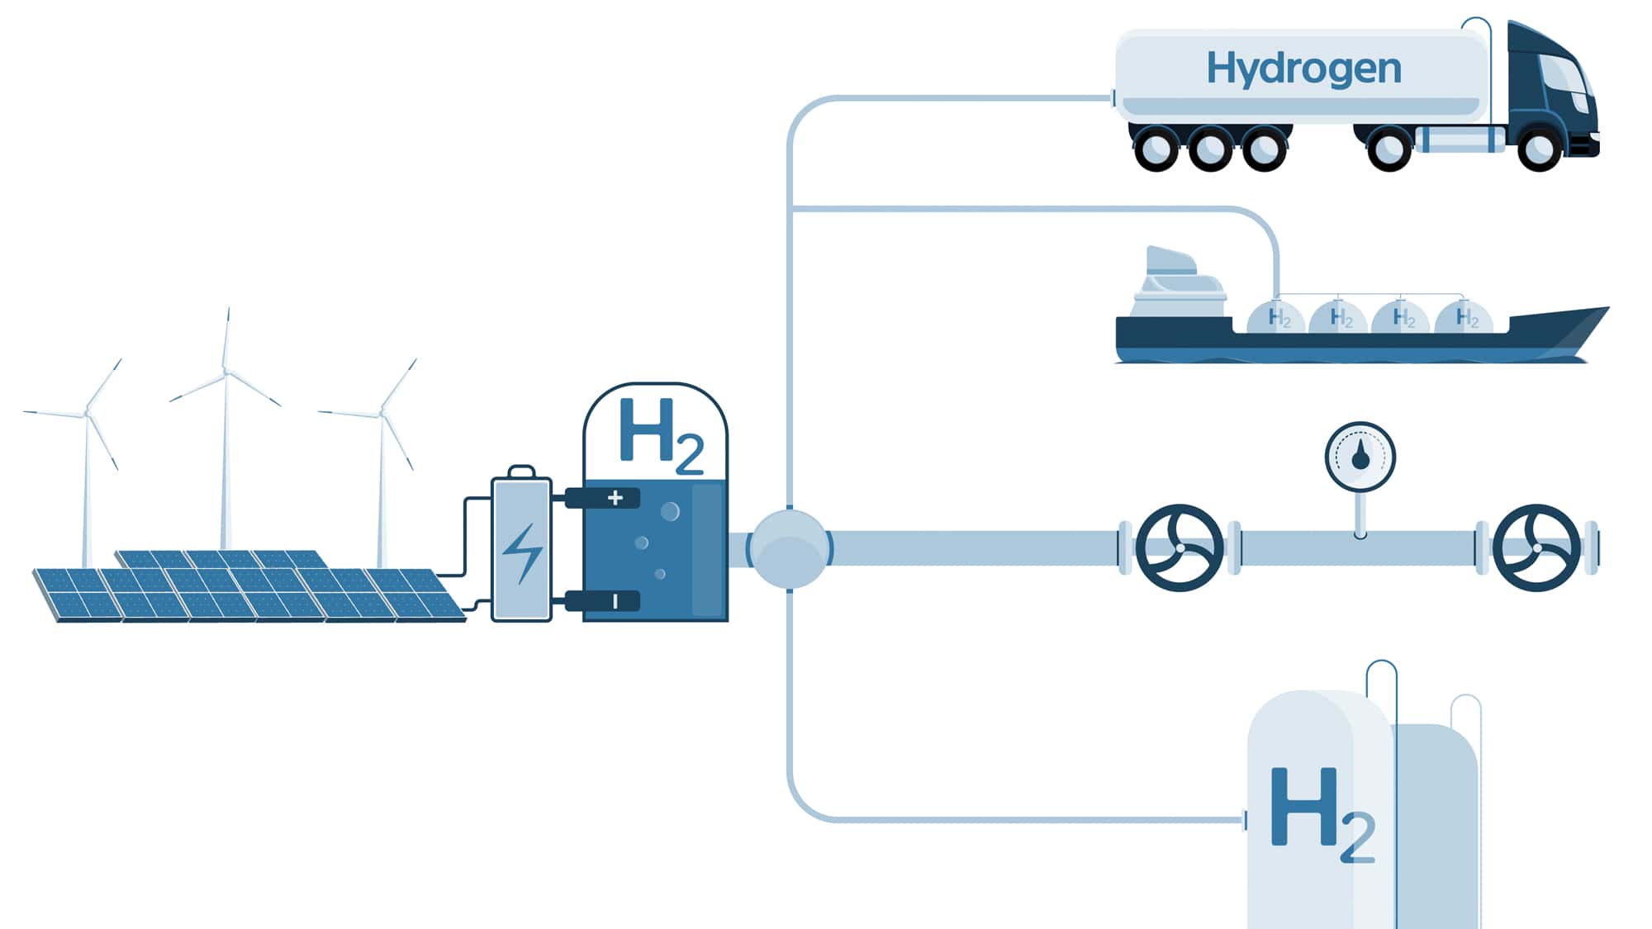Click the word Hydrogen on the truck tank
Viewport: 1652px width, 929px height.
point(1303,69)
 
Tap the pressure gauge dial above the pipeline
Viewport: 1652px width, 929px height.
point(1360,457)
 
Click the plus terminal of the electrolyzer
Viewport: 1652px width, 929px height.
point(614,497)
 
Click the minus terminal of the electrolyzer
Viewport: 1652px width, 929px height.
point(614,601)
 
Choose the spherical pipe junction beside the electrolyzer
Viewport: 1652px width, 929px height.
point(789,549)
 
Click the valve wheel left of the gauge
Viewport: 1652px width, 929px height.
point(1179,547)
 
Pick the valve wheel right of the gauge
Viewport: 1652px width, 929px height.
point(1536,547)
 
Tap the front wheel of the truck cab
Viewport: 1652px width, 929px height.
point(1538,149)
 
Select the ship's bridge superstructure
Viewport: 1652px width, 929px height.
point(1177,285)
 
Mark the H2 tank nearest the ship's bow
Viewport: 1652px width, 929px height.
point(1464,317)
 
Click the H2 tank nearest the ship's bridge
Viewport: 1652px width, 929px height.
point(1276,317)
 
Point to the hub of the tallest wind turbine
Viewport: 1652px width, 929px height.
point(225,372)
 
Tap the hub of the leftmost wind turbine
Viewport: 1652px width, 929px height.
point(87,413)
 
